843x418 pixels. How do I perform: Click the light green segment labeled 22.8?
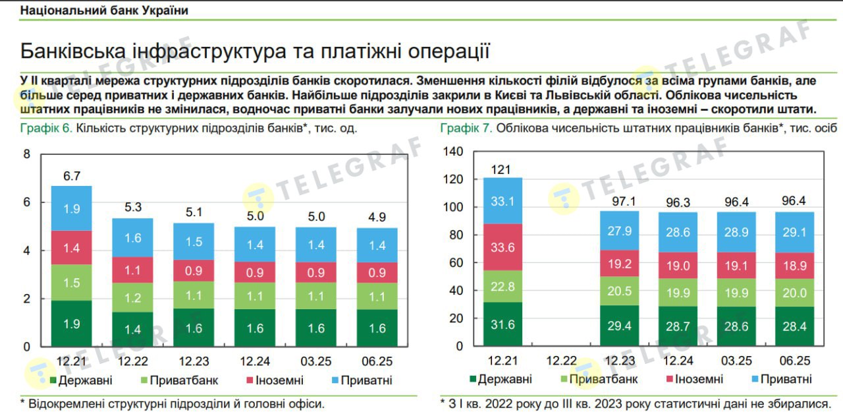(503, 285)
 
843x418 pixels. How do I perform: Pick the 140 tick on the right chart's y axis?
(454, 152)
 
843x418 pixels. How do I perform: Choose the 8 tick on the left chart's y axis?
(27, 154)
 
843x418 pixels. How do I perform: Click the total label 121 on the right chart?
(502, 170)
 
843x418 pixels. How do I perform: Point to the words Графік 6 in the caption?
(46, 128)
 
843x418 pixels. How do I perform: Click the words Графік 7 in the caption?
(466, 128)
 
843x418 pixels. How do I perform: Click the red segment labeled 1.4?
(71, 248)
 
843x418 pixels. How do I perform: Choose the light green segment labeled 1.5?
(71, 283)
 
